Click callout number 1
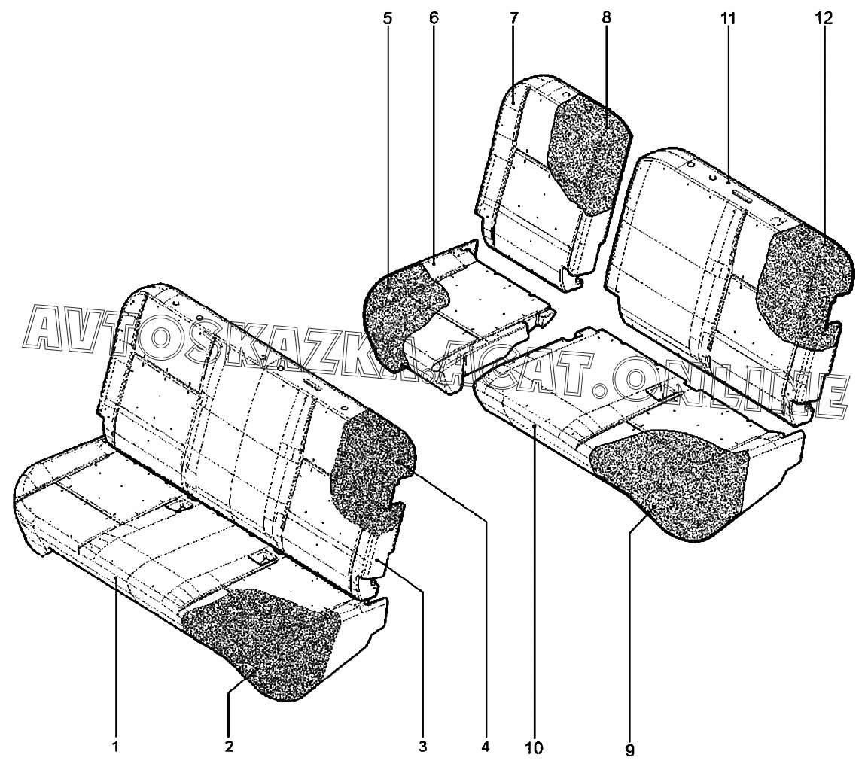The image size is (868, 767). (x=115, y=747)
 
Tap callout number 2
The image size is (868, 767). (x=228, y=747)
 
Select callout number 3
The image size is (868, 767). (x=423, y=747)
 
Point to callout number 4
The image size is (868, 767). (x=486, y=747)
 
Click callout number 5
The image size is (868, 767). (x=388, y=19)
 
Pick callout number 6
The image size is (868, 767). (x=434, y=19)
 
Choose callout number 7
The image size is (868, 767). (x=513, y=19)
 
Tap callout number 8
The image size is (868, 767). (x=606, y=19)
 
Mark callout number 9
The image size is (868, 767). (x=630, y=750)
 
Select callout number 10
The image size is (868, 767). (x=535, y=747)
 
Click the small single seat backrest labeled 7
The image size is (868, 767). (x=519, y=173)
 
